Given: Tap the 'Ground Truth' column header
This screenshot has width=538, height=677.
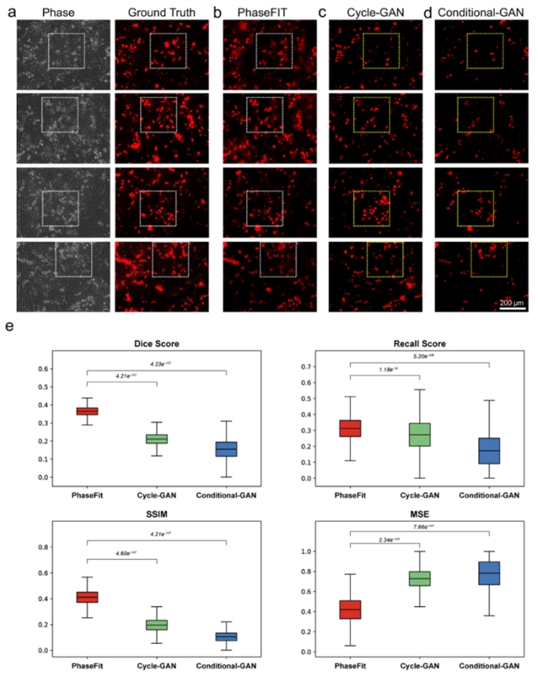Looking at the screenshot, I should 161,14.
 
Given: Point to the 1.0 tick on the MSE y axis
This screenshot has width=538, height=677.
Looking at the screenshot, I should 299,552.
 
